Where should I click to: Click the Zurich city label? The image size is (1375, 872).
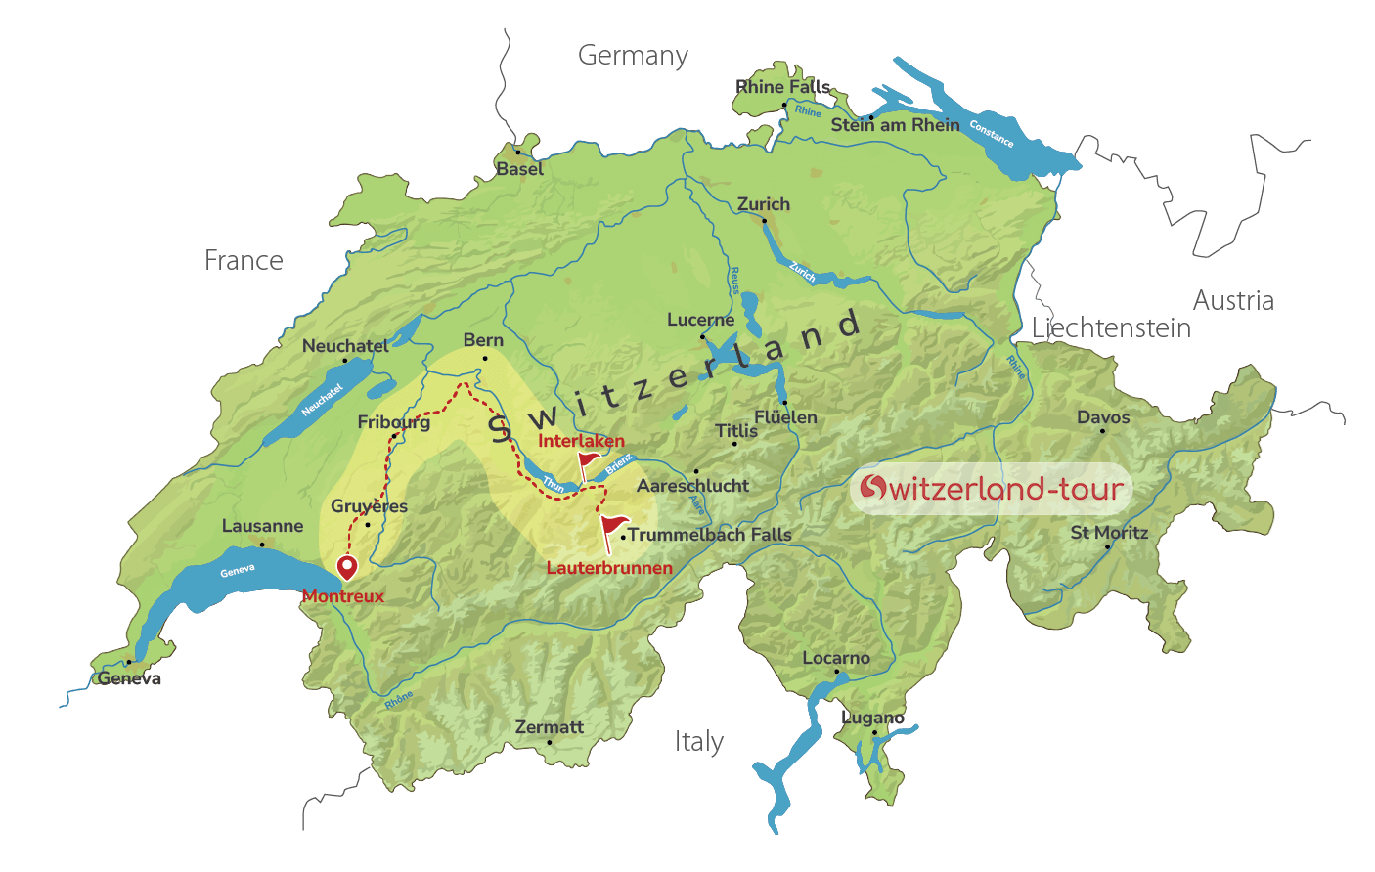pyautogui.click(x=763, y=204)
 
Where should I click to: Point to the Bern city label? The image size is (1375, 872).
pyautogui.click(x=483, y=340)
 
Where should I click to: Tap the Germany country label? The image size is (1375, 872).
pyautogui.click(x=633, y=56)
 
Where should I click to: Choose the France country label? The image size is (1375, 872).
pyautogui.click(x=244, y=261)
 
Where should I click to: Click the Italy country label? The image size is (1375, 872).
pyautogui.click(x=698, y=742)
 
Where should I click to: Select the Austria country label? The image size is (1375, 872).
pyautogui.click(x=1233, y=301)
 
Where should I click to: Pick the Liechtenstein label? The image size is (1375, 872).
pyautogui.click(x=1112, y=328)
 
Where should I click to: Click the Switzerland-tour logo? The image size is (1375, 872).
pyautogui.click(x=991, y=488)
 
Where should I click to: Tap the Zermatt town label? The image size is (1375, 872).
pyautogui.click(x=549, y=727)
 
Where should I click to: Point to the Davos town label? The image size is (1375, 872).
pyautogui.click(x=1103, y=417)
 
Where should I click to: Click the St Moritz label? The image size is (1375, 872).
pyautogui.click(x=1109, y=533)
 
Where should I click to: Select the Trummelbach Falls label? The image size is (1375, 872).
pyautogui.click(x=709, y=535)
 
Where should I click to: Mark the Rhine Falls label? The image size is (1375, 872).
pyautogui.click(x=782, y=87)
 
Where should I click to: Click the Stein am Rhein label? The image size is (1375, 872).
pyautogui.click(x=895, y=125)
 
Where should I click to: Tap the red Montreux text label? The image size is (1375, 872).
pyautogui.click(x=342, y=596)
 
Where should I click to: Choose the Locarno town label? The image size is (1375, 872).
pyautogui.click(x=835, y=659)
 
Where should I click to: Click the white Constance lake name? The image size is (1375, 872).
pyautogui.click(x=991, y=133)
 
